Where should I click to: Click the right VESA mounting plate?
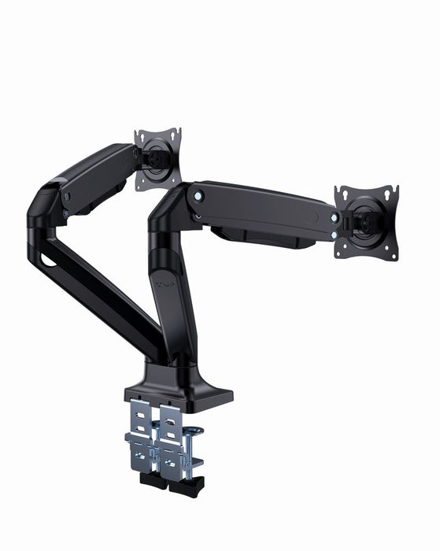point(366,220)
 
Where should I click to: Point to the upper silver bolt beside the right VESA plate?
point(335,217)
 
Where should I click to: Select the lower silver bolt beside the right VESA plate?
point(336,233)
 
